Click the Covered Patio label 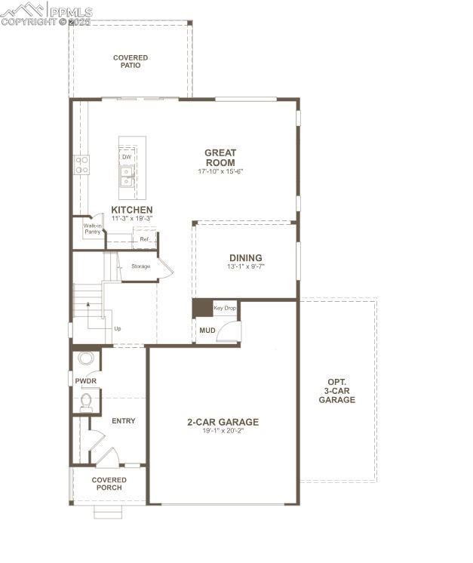click(x=131, y=61)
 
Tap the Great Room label click(x=220, y=157)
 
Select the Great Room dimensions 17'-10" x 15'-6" click(x=220, y=171)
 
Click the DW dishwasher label click(x=127, y=157)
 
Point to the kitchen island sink click(x=127, y=176)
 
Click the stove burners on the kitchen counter click(x=81, y=165)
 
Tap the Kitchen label click(x=132, y=210)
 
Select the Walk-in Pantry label click(x=92, y=229)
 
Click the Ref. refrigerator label click(x=143, y=239)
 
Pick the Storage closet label click(x=141, y=266)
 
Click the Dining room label click(x=246, y=257)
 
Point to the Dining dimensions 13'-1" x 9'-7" click(x=246, y=266)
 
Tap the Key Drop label click(x=225, y=308)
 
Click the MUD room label click(x=207, y=330)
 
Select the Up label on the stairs click(x=117, y=329)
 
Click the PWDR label click(x=85, y=381)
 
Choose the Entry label click(x=123, y=420)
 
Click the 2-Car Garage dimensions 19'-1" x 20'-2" click(x=223, y=431)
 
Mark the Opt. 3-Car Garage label click(x=336, y=390)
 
